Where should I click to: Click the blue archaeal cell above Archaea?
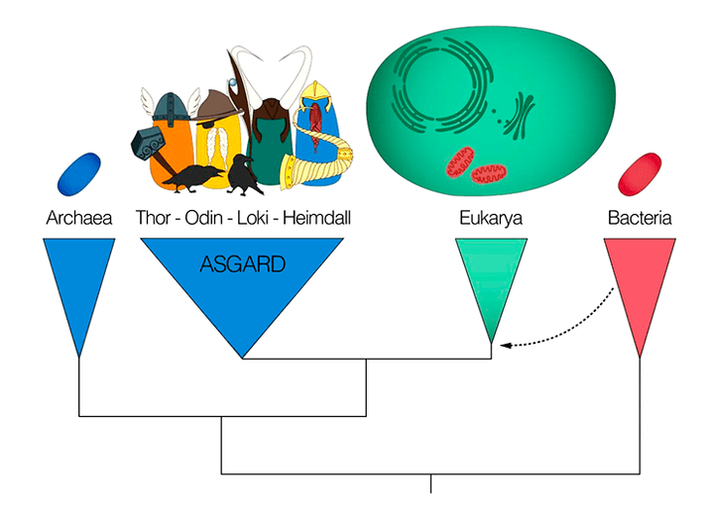coord(79,173)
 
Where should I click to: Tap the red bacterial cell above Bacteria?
coord(639,172)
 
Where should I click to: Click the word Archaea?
coord(79,217)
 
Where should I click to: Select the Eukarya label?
coord(490,217)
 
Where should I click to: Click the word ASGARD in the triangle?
coord(242,264)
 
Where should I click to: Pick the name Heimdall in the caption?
coord(316,217)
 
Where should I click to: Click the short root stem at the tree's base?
coord(430,482)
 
